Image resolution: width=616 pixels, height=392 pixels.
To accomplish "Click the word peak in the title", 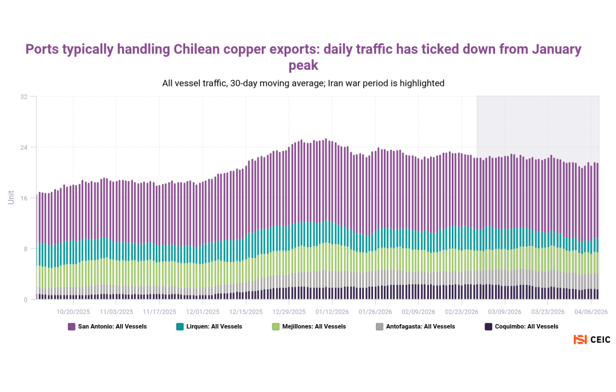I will click(x=303, y=65).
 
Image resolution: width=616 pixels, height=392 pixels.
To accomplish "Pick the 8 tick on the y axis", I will click(x=25, y=249).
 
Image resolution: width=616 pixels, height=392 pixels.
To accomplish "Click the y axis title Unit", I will click(x=11, y=197).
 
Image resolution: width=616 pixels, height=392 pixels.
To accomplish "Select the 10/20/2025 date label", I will click(x=73, y=312).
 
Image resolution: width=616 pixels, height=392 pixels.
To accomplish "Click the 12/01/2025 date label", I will click(x=203, y=312).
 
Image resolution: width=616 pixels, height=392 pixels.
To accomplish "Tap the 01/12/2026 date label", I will click(x=332, y=312).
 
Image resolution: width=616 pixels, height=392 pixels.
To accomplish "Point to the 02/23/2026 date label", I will click(x=461, y=312).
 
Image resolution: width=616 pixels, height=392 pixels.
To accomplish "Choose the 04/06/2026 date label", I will click(x=591, y=312).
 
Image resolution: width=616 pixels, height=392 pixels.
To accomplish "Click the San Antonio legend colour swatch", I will click(x=72, y=326).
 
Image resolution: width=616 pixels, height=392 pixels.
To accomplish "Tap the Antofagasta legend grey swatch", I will click(x=380, y=326).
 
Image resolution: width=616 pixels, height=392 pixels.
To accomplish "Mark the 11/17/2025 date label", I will click(x=160, y=312).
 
